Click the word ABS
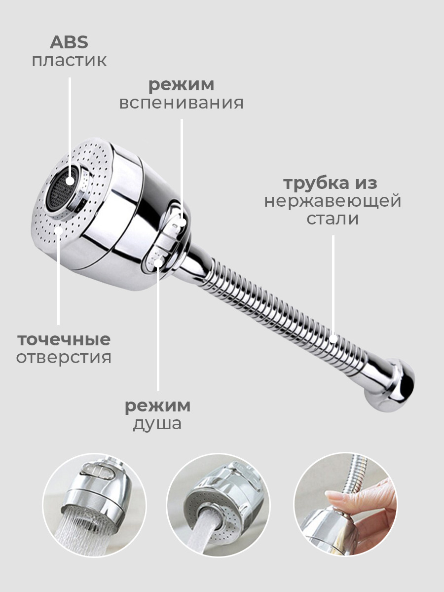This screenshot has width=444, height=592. (69, 42)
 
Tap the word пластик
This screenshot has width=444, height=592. (69, 61)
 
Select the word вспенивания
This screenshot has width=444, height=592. (181, 103)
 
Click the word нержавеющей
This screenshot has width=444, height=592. (333, 202)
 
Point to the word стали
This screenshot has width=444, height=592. (333, 219)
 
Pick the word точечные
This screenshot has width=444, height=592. (64, 340)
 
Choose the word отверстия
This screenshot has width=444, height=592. (64, 358)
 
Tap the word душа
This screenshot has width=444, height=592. (157, 424)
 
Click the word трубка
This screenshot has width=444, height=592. (316, 184)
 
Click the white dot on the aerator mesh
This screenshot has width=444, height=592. (71, 181)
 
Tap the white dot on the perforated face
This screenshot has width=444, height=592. (59, 231)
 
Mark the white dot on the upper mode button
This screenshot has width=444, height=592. (182, 222)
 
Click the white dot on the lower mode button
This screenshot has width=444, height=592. (158, 262)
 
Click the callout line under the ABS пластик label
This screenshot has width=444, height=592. (70, 127)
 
